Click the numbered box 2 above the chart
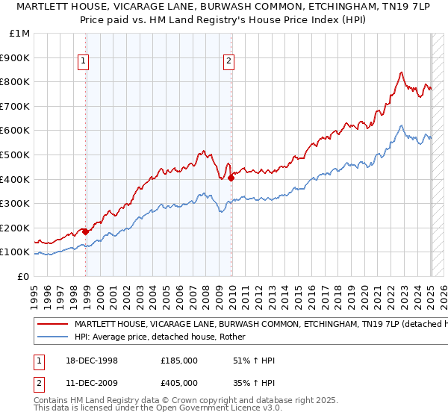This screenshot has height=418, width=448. pos(228,63)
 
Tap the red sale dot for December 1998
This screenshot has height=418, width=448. pos(86,231)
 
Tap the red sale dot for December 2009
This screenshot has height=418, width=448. pos(231,178)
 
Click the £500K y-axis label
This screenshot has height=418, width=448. pos(15,155)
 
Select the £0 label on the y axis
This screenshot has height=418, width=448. pos(22,276)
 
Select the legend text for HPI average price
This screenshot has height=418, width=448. pos(164,337)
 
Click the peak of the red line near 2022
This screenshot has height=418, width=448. pos(401,72)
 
